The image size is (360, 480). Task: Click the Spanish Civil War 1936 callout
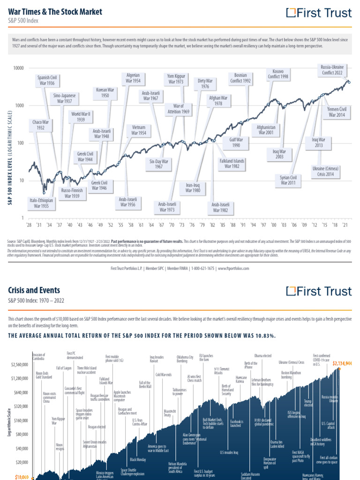[47, 80]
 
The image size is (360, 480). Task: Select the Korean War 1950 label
[105, 92]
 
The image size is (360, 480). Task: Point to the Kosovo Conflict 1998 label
[278, 73]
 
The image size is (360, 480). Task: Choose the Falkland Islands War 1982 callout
[232, 163]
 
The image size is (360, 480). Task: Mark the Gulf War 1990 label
[236, 142]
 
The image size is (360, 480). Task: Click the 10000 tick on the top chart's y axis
[18, 68]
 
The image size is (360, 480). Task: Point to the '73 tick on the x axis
[181, 225]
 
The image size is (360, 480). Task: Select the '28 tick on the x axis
[29, 225]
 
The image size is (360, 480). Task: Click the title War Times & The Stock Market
[55, 11]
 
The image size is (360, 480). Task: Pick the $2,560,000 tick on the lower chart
[20, 365]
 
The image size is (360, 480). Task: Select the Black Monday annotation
[139, 459]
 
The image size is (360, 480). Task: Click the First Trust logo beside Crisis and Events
[318, 291]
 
